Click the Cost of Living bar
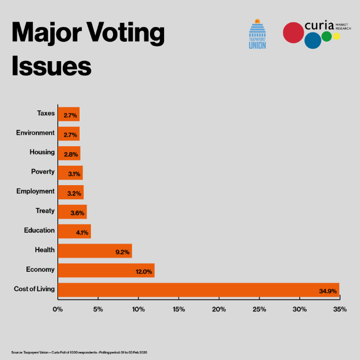tap(198, 290)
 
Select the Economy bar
tap(106, 270)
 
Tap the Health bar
tap(95, 251)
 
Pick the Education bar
tap(74, 231)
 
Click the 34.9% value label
tap(328, 292)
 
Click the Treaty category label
tap(45, 211)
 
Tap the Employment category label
tap(35, 191)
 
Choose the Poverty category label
tap(43, 172)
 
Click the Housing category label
tap(42, 152)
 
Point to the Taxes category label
tap(45, 113)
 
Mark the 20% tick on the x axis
tap(219, 309)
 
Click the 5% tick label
tap(98, 309)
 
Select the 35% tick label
tap(340, 309)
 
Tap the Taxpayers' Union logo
tap(257, 34)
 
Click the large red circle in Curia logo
tap(293, 32)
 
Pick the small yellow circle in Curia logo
tap(336, 36)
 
